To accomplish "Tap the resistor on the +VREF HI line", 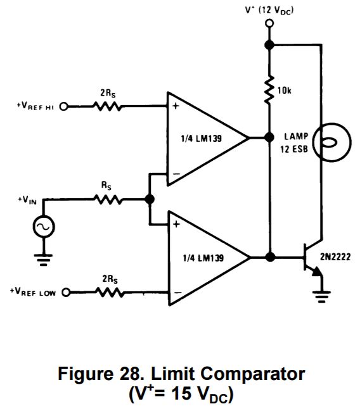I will (108, 106).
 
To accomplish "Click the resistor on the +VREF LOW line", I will (108, 292).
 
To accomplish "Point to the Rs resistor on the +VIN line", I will (108, 199).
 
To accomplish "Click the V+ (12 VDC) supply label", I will (269, 10).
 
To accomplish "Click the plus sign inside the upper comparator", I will (175, 106).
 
